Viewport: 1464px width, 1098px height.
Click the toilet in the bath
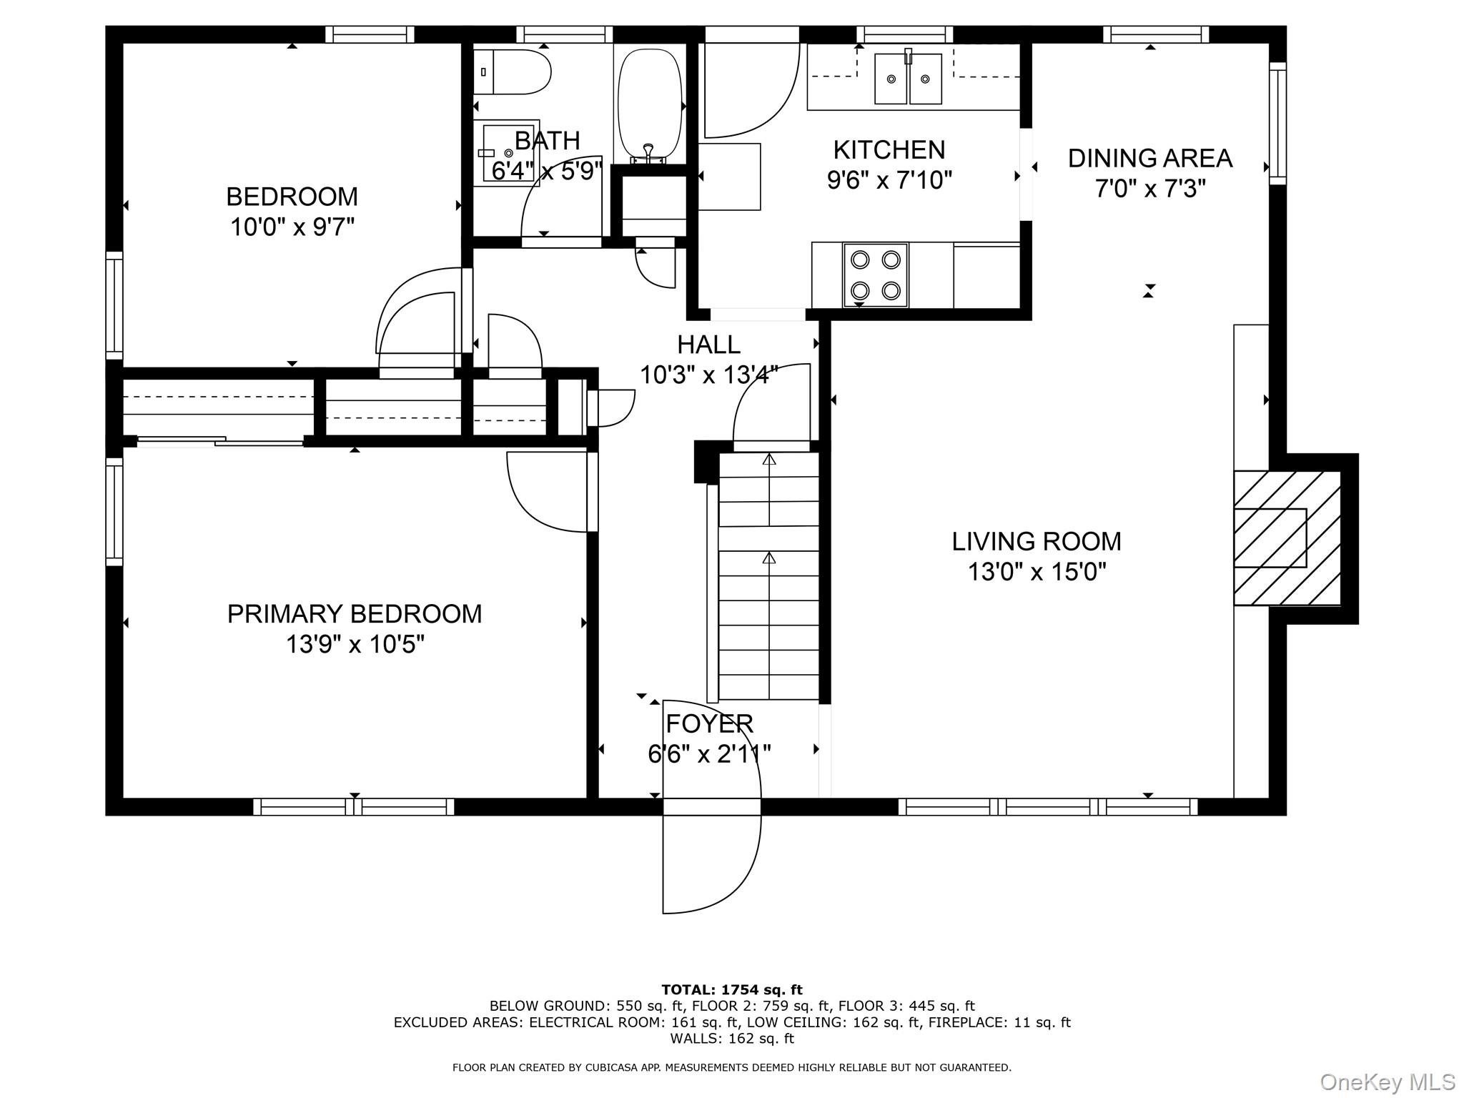click(x=512, y=71)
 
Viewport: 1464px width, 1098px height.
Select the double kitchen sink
click(x=909, y=78)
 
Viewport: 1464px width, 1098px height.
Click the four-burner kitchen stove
click(x=876, y=275)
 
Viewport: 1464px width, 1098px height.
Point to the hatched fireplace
click(x=1287, y=538)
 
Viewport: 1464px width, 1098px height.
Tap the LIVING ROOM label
click(x=1037, y=541)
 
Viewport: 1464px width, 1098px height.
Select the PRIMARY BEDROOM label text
click(x=355, y=614)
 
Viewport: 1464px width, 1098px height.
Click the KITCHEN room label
click(x=889, y=149)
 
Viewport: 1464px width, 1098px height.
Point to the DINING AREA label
click(x=1150, y=158)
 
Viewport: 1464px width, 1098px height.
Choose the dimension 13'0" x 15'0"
click(x=1037, y=573)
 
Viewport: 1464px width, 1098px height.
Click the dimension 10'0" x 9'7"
click(x=292, y=227)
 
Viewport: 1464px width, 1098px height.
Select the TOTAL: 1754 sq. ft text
click(x=732, y=990)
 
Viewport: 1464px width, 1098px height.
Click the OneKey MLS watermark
click(x=1388, y=1082)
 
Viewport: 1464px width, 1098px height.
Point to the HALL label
click(x=709, y=345)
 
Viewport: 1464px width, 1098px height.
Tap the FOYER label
click(x=709, y=724)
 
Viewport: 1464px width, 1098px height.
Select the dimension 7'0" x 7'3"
click(x=1150, y=189)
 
